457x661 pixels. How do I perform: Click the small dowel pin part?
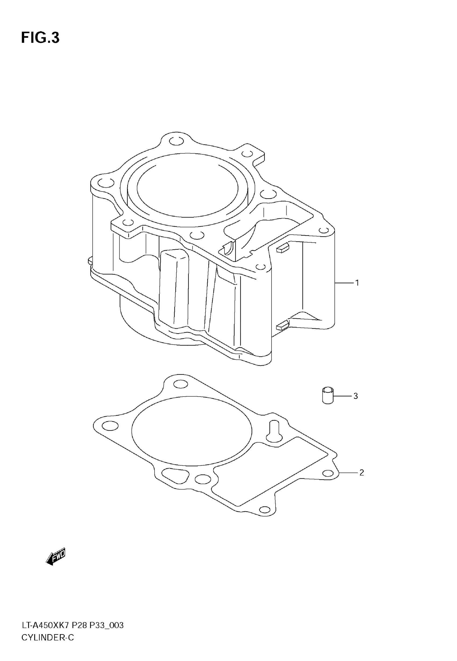click(x=328, y=395)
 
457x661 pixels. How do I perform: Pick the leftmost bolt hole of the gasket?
click(x=110, y=426)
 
